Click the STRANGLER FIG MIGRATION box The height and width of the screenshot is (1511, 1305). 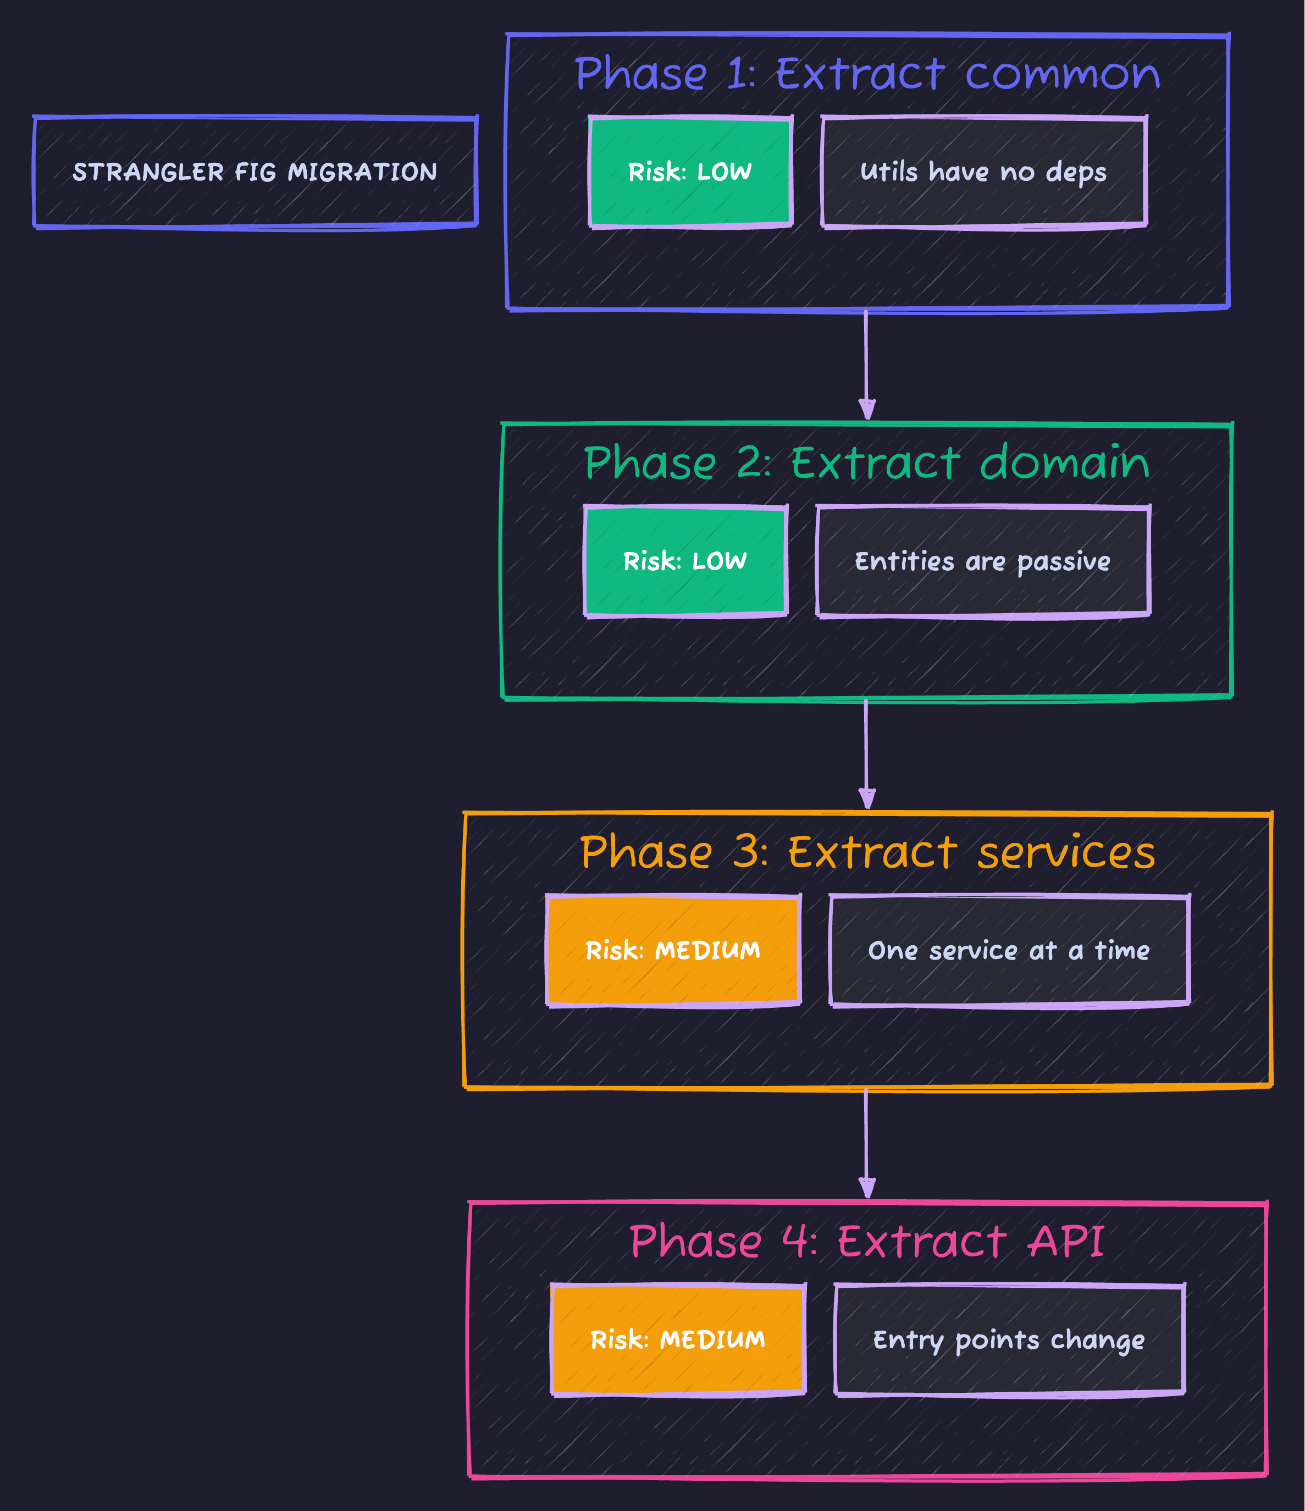click(255, 172)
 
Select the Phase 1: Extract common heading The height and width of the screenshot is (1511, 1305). click(867, 74)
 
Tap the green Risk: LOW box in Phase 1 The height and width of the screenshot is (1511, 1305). click(690, 172)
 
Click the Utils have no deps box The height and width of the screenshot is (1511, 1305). click(983, 172)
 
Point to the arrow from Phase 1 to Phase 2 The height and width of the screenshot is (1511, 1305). click(866, 365)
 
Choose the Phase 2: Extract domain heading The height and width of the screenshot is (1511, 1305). click(867, 463)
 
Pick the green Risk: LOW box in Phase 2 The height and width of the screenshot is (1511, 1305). click(685, 561)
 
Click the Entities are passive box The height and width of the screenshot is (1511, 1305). click(983, 561)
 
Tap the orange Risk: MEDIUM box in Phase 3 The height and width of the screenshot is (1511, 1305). click(673, 951)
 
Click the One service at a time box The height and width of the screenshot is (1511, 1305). click(1009, 951)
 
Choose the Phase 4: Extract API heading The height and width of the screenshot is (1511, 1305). click(867, 1242)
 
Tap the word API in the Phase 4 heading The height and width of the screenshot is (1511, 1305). click(1066, 1242)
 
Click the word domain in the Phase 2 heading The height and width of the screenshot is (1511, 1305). click(1064, 463)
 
